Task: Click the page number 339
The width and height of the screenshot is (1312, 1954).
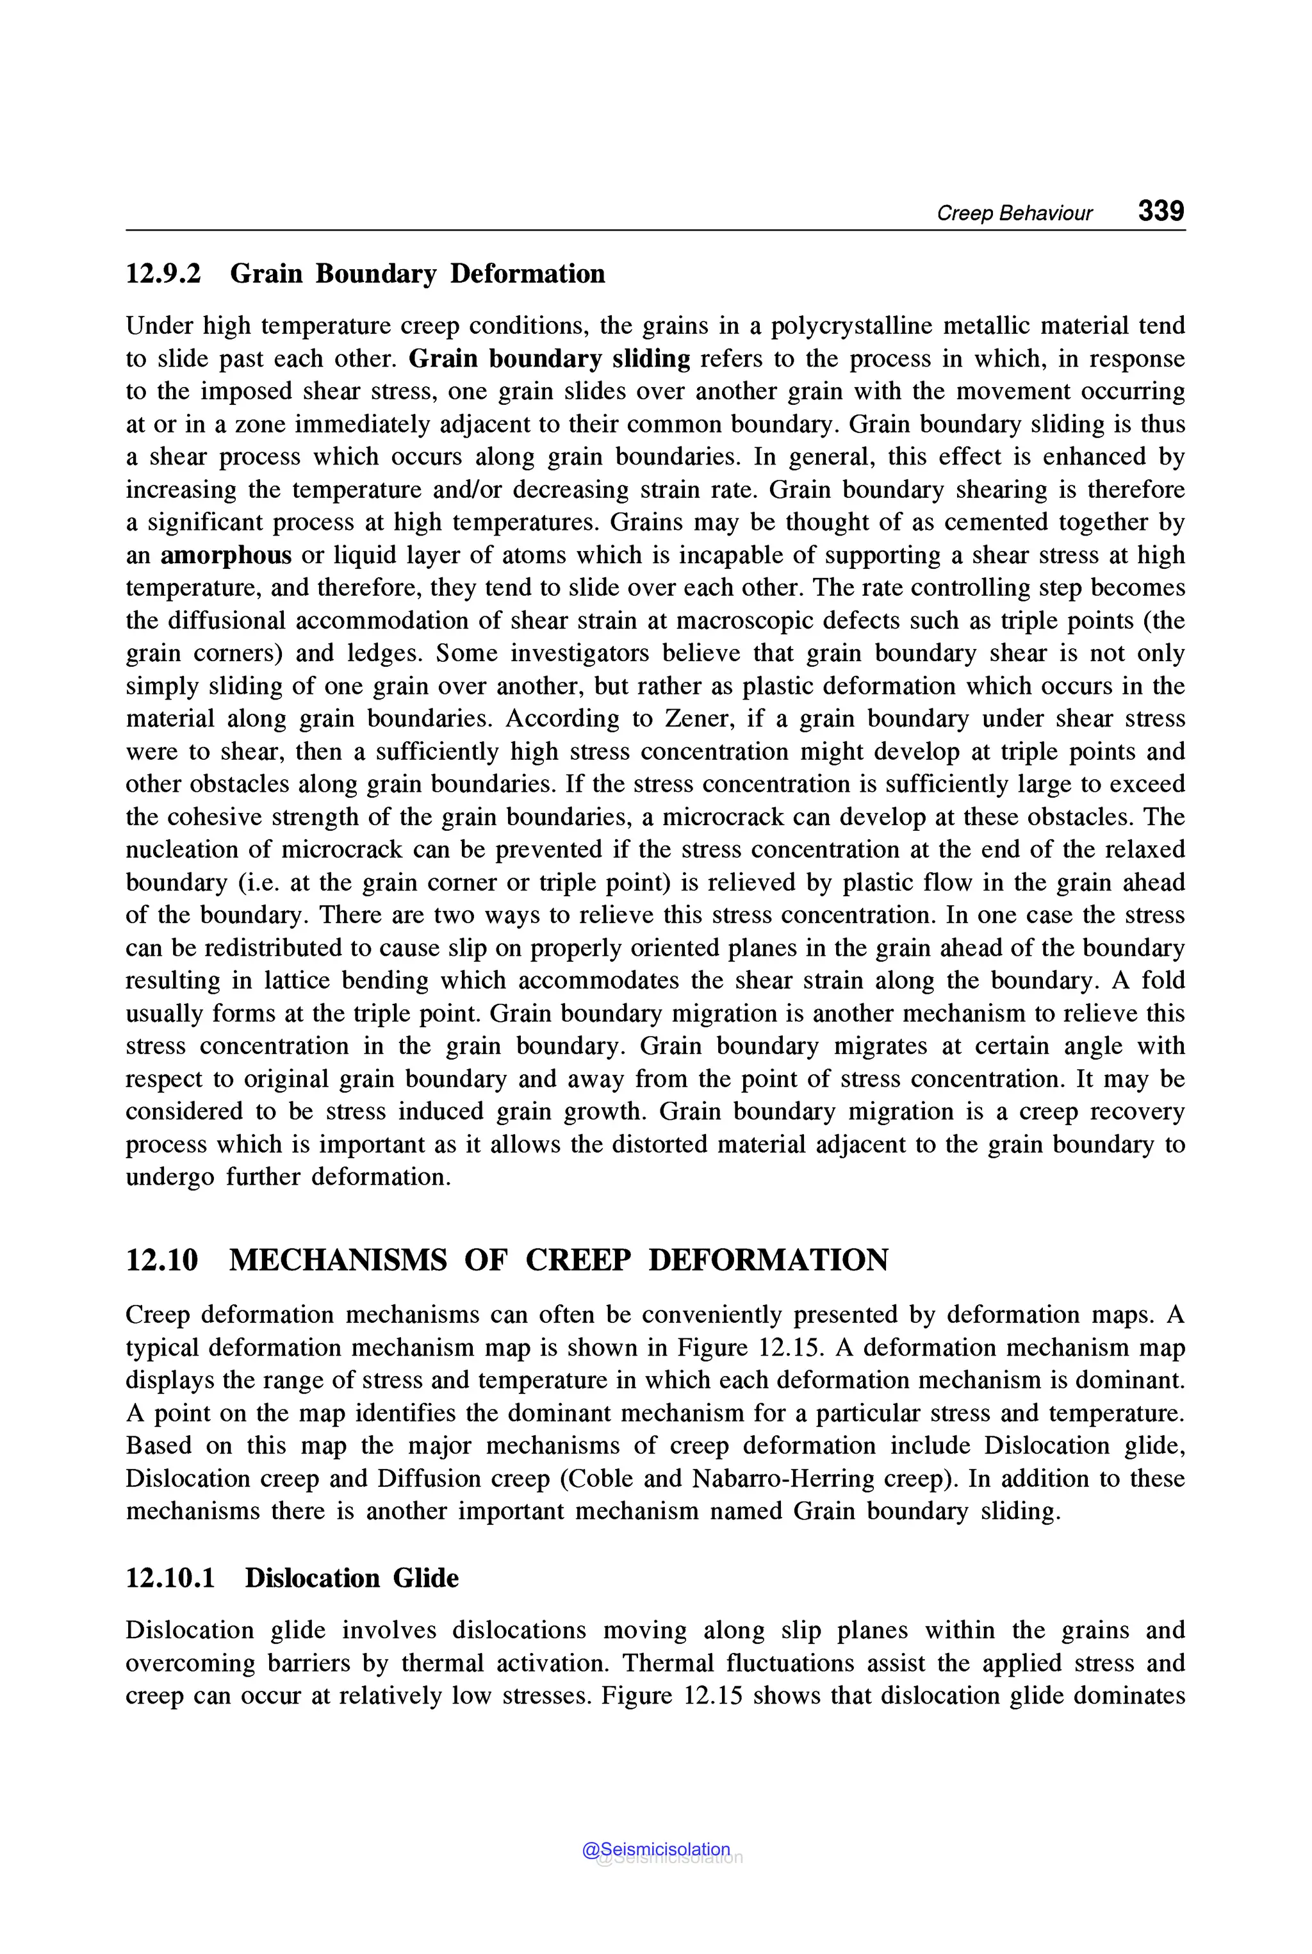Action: (x=1161, y=210)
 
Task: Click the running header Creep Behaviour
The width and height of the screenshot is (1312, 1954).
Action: (x=1014, y=213)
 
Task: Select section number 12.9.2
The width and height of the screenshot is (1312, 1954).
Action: (x=163, y=274)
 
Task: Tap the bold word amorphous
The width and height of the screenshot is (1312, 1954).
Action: (x=226, y=555)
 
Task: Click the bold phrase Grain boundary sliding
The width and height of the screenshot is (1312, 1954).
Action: (x=550, y=359)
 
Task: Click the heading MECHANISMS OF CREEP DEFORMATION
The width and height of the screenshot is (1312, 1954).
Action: (x=558, y=1260)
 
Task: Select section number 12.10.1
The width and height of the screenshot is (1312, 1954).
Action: (x=170, y=1579)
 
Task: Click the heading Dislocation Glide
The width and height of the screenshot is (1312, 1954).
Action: (x=352, y=1579)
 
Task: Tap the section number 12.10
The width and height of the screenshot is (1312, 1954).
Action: (x=161, y=1260)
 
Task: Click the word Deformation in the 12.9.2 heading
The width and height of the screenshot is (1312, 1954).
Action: (x=527, y=274)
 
